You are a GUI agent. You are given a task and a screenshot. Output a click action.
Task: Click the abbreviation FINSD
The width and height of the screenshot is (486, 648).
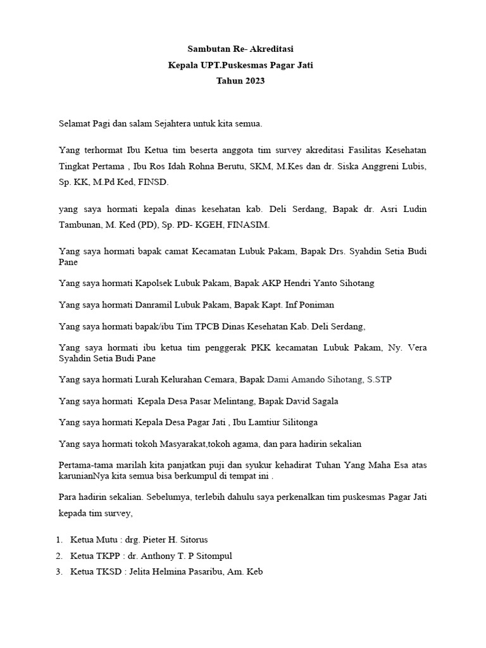pos(156,182)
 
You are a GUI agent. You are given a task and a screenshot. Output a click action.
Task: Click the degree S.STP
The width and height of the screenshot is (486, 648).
pos(380,380)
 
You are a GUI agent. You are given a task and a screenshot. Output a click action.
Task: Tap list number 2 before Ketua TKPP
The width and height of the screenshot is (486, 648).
pos(58,556)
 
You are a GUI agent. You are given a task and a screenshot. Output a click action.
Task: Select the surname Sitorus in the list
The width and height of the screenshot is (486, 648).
pos(191,540)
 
